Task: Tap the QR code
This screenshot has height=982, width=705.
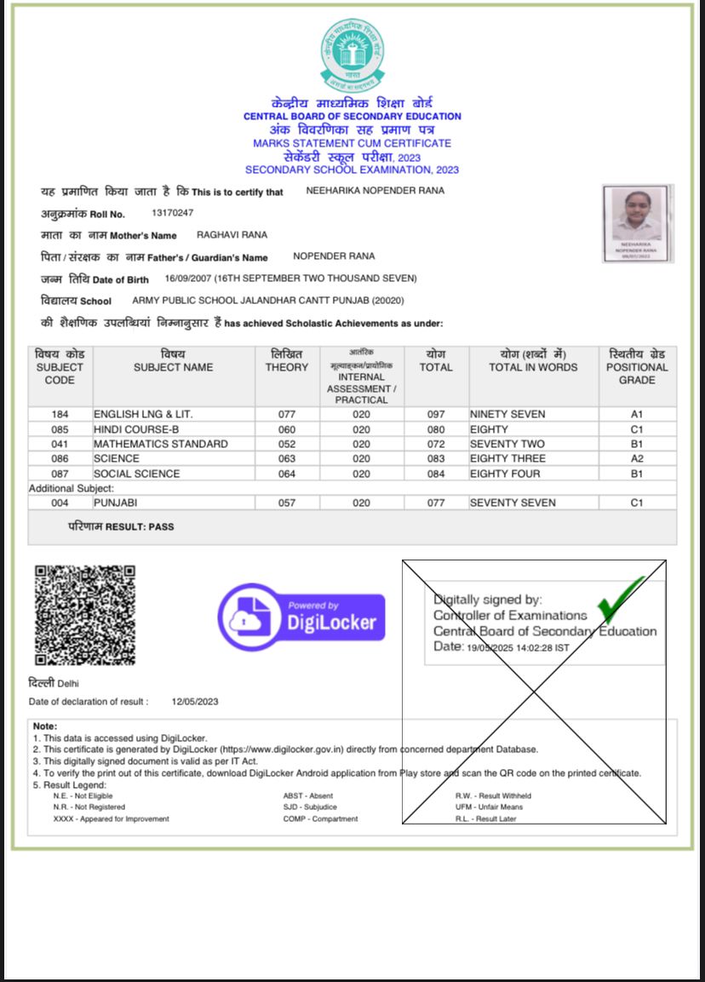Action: (84, 614)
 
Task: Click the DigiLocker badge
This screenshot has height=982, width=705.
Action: (301, 617)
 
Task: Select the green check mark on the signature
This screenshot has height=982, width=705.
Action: (620, 598)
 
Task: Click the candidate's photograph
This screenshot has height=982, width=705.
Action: (638, 223)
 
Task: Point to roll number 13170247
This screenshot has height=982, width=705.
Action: (172, 213)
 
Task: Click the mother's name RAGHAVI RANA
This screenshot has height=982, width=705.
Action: (232, 234)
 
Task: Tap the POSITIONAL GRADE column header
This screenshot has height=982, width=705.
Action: (637, 367)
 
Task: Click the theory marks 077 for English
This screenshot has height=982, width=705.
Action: (287, 415)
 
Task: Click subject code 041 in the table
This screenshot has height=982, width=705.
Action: (60, 445)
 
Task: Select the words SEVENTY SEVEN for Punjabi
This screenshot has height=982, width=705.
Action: (513, 503)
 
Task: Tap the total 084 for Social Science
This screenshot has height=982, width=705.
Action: (436, 474)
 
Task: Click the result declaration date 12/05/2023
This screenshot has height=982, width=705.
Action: (195, 702)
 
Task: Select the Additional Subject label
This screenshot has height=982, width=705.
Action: (72, 488)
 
